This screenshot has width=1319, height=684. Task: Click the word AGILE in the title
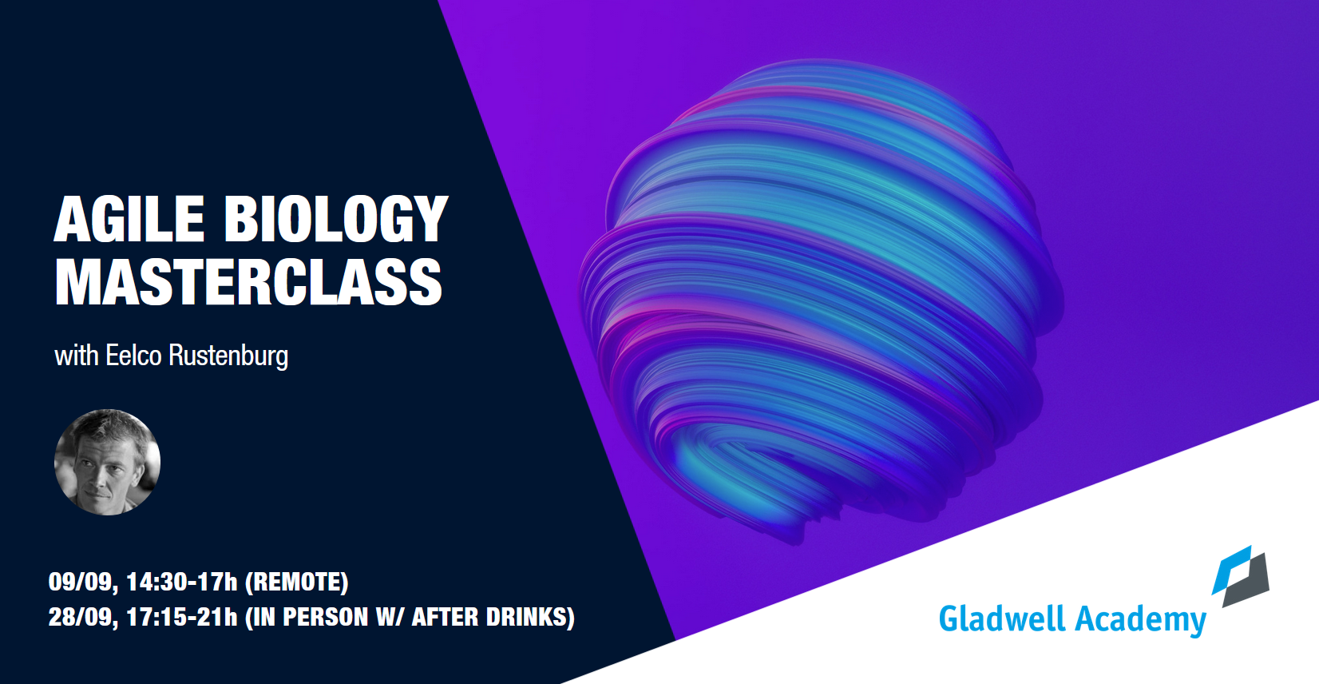pyautogui.click(x=129, y=219)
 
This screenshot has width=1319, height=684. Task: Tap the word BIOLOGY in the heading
pyautogui.click(x=335, y=219)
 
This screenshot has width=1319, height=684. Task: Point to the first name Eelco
pyautogui.click(x=133, y=356)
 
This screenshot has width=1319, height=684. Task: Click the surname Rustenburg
pyautogui.click(x=228, y=356)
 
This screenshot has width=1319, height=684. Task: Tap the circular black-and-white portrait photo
pyautogui.click(x=107, y=462)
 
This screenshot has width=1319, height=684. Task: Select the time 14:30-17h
pyautogui.click(x=182, y=582)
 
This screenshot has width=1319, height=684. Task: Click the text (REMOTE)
pyautogui.click(x=297, y=582)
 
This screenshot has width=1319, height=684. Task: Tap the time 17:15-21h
pyautogui.click(x=182, y=618)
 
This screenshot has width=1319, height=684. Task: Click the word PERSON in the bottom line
pyautogui.click(x=326, y=617)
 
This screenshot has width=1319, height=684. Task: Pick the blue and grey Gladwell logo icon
pyautogui.click(x=1241, y=576)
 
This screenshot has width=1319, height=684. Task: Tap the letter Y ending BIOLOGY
pyautogui.click(x=430, y=219)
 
